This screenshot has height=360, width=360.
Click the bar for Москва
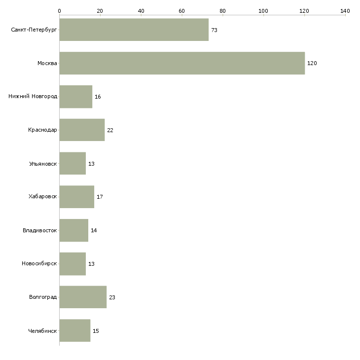[x=182, y=63]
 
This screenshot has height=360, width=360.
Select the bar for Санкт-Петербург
[x=134, y=30]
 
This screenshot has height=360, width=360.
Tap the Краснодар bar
[x=82, y=130]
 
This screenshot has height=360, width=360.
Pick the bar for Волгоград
[x=83, y=297]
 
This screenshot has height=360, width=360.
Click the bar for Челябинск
[x=75, y=330]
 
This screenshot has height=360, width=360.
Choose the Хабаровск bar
[x=76, y=197]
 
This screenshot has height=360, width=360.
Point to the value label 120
[x=312, y=64]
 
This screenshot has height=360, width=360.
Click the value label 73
[x=214, y=31]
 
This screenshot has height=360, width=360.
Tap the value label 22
[x=110, y=131]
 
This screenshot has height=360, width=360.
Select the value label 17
[x=100, y=197]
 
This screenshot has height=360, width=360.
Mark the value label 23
[x=112, y=298]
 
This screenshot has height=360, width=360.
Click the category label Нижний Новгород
[x=33, y=97]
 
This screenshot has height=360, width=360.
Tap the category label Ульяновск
[x=43, y=163]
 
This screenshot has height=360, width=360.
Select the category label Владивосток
[x=40, y=230]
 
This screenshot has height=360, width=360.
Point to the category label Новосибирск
[x=39, y=263]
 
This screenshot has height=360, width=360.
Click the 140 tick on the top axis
[x=345, y=10]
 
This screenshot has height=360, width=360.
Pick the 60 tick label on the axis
[x=181, y=10]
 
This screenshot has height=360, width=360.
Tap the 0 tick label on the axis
[x=59, y=10]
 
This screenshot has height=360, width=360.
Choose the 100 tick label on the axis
[x=263, y=10]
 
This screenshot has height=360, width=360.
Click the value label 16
[x=98, y=97]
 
